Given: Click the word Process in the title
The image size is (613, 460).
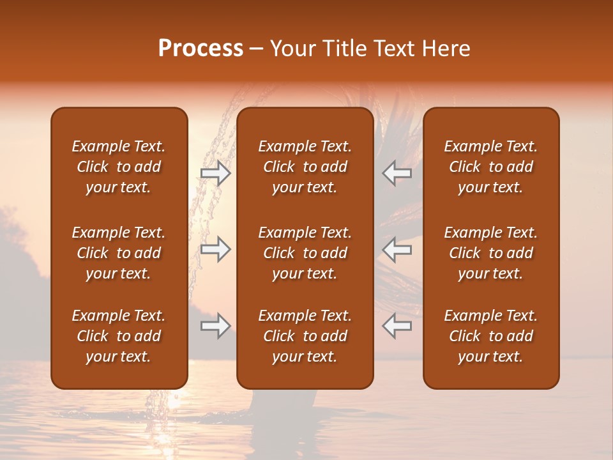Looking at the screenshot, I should click(x=201, y=49).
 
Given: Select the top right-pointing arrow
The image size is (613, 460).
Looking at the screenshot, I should click(x=215, y=173).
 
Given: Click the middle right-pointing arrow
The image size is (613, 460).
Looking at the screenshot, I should click(x=215, y=249).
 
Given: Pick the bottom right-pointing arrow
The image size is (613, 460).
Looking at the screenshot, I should click(x=215, y=326).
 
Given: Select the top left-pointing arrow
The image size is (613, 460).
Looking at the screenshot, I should click(x=397, y=173).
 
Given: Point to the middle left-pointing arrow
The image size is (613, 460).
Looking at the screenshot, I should click(x=397, y=249).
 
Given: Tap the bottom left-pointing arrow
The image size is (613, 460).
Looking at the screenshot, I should click(x=397, y=326).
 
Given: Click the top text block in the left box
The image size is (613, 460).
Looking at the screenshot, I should click(x=119, y=167).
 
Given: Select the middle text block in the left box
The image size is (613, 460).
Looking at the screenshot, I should click(x=119, y=253).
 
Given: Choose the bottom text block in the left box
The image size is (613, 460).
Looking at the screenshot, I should click(x=119, y=336).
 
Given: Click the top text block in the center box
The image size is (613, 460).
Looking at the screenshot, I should click(x=305, y=167).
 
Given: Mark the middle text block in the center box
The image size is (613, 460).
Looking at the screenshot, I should click(x=305, y=253).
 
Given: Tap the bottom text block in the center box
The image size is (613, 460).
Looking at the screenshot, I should click(x=305, y=336).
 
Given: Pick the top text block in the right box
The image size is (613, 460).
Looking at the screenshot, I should click(x=490, y=167).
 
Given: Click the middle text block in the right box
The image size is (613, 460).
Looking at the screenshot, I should click(x=490, y=253).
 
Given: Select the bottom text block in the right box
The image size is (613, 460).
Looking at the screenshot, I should click(x=490, y=336).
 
